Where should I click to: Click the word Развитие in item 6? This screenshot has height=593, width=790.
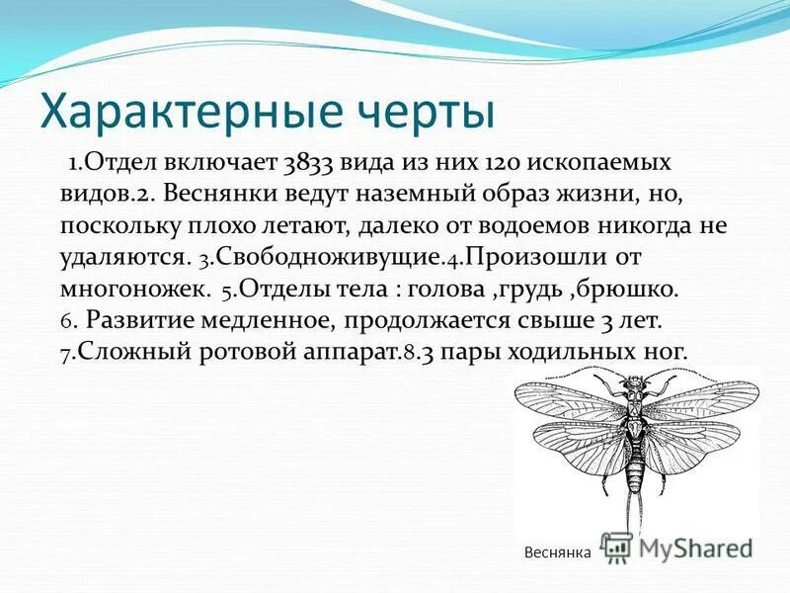pyautogui.click(x=144, y=321)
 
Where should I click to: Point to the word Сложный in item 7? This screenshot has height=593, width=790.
pyautogui.click(x=128, y=352)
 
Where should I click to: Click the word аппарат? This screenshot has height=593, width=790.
pyautogui.click(x=355, y=352)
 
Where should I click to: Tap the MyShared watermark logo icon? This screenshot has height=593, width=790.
pyautogui.click(x=616, y=547)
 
